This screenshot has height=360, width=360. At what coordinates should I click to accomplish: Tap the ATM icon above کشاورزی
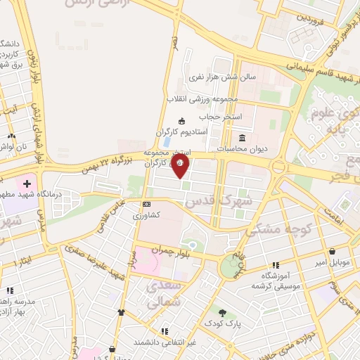click(x=146, y=204)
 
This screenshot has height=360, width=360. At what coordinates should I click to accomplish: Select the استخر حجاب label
click(x=219, y=115)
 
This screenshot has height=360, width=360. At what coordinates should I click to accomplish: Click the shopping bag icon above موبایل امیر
click(x=331, y=252)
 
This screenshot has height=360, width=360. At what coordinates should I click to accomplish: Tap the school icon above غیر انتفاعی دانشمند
click(x=164, y=330)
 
